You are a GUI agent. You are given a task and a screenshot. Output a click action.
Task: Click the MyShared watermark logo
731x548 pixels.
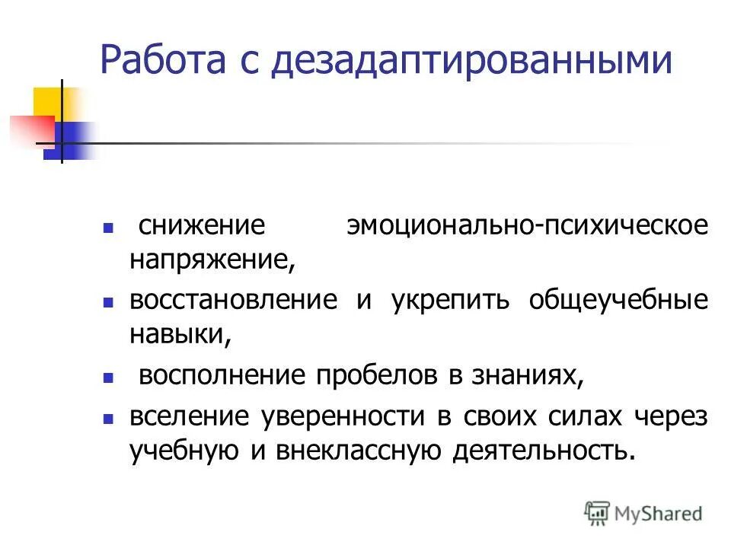tap(643, 513)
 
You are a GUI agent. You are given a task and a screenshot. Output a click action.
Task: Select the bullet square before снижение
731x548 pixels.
tap(108, 228)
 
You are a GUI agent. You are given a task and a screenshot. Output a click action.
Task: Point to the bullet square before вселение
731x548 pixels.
tap(108, 417)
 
